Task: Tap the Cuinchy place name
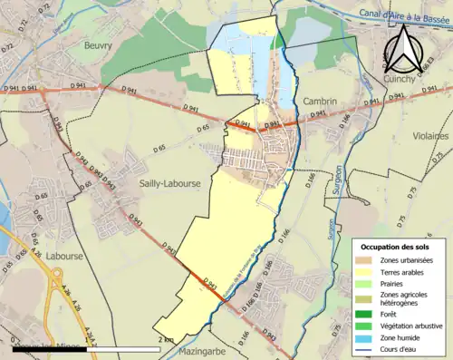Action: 405,79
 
